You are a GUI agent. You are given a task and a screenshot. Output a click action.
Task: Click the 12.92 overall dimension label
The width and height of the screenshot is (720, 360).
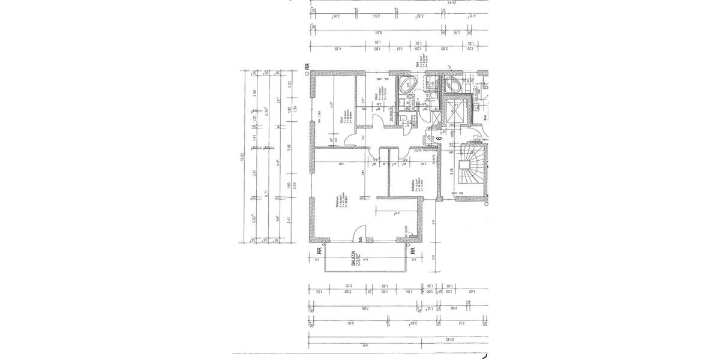coord(242,157)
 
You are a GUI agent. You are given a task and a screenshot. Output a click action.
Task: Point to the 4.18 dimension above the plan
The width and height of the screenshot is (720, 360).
coord(337,50)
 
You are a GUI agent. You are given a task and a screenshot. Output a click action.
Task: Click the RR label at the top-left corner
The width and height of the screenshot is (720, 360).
coord(307,68)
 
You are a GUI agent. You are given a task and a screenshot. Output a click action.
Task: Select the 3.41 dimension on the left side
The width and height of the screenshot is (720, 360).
coord(289,220)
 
